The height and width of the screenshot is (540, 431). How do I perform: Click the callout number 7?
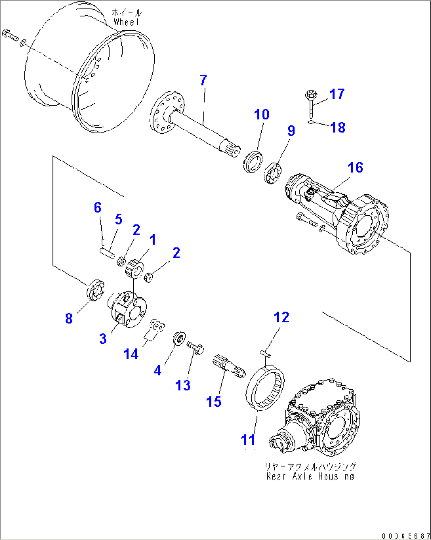pos(203,80)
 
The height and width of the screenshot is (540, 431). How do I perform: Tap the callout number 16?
pos(355,167)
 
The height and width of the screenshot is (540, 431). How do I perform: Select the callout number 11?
pos(248,440)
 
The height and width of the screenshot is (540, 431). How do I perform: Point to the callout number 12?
pos(282,317)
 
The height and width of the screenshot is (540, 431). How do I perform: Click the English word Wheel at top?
pos(127,22)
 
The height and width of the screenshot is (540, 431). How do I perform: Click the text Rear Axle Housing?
pos(310,477)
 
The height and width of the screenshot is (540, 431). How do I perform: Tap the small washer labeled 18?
pos(311,122)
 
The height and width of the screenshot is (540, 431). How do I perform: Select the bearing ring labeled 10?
pos(253,161)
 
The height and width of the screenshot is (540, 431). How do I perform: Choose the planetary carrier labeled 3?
pos(127,309)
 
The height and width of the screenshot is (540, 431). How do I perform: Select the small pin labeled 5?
pos(107,252)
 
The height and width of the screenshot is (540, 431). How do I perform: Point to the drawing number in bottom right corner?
pos(405,536)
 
